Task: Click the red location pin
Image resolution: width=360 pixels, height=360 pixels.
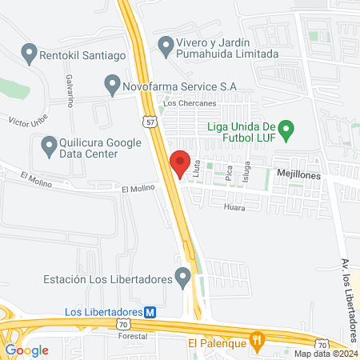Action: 181,162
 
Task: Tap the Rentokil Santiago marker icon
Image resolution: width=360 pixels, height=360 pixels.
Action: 30,55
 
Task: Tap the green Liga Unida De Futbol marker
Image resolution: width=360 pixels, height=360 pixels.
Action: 291,127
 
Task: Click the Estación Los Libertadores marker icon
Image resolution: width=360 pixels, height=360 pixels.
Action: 183,279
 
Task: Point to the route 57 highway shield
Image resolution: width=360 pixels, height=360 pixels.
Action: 150,122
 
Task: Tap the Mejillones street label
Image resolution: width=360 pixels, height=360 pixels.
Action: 298,173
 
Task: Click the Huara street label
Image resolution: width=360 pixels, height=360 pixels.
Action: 234,206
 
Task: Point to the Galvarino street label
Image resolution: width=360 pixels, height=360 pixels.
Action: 70,90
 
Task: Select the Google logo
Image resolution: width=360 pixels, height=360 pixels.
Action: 27,350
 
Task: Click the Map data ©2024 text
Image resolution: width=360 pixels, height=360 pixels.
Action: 325,354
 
